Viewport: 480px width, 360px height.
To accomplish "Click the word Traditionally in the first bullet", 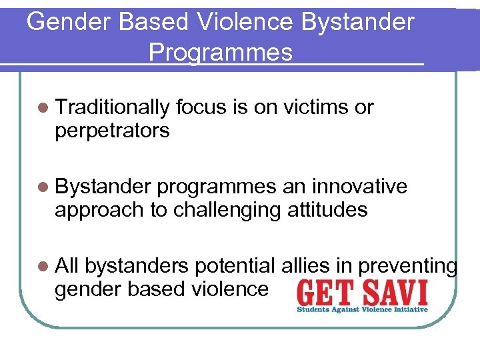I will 115,107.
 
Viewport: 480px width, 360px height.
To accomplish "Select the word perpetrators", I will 112,131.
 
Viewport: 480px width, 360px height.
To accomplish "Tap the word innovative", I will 359,187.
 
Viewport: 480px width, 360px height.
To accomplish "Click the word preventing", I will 407,266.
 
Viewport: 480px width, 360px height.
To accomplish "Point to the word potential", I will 233,266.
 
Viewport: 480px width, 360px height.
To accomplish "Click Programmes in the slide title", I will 221,52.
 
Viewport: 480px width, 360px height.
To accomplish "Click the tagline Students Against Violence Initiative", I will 362,310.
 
